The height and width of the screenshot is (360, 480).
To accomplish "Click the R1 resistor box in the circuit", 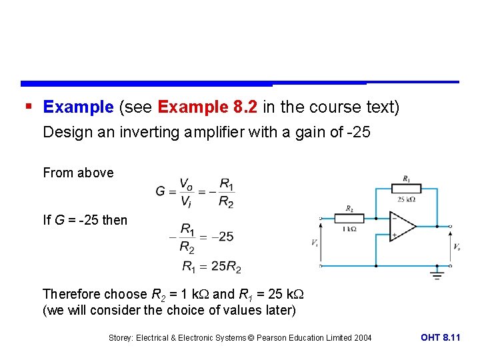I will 406,188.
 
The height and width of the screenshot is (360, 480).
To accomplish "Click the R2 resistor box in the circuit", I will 349,218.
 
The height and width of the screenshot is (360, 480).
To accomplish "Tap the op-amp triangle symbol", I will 402,227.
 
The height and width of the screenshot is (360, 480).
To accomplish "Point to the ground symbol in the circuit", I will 437,274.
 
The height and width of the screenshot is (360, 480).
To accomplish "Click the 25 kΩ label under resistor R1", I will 406,199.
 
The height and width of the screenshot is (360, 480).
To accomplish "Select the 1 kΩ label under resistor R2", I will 349,229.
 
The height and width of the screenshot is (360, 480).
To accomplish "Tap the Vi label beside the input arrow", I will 314,243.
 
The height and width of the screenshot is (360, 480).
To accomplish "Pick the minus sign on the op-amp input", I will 395,219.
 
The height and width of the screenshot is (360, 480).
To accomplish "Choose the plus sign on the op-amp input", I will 395,235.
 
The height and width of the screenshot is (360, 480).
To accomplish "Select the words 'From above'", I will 78,173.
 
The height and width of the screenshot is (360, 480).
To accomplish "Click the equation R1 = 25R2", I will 211,267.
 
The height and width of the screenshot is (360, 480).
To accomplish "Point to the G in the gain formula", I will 161,191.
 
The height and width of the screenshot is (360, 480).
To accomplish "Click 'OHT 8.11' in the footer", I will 440,337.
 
